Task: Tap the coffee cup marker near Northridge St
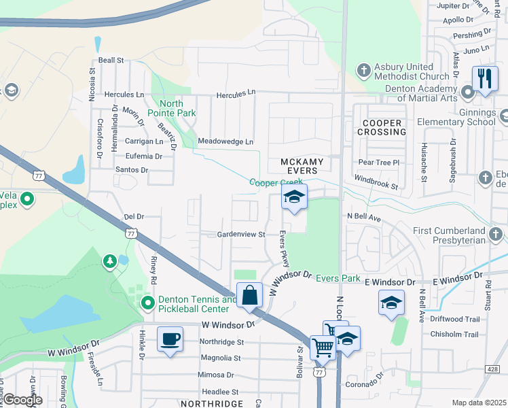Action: point(170,339)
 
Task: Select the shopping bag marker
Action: point(249,295)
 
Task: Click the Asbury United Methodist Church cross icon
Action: point(364,70)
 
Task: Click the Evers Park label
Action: point(338,278)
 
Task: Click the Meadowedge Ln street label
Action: point(225,141)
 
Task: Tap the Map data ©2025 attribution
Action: point(478,403)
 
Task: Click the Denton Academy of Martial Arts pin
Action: point(467,91)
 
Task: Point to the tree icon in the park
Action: point(109,261)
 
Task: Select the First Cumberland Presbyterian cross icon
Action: point(496,235)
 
